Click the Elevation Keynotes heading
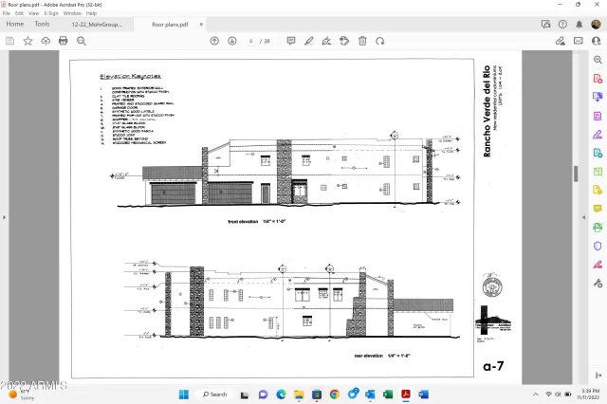click(130, 76)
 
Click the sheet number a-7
click(492, 364)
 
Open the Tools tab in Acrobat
click(43, 24)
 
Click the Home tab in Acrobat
click(15, 24)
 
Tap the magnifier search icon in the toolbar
click(82, 41)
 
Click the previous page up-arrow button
click(214, 41)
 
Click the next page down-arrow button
click(231, 41)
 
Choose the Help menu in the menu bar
click(91, 13)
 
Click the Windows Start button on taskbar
click(183, 394)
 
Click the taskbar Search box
click(216, 394)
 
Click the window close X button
click(596, 5)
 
